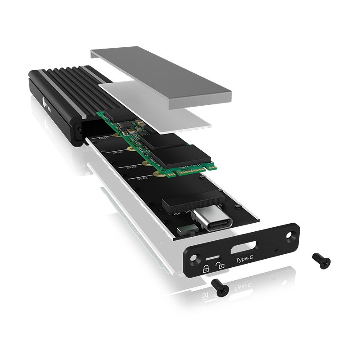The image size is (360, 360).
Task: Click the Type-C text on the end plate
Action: pos(244,260)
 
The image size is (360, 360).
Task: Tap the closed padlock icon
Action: pos(206,269)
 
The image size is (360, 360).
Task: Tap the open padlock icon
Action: pos(220,265)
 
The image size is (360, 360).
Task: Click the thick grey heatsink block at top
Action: pos(162,76)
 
